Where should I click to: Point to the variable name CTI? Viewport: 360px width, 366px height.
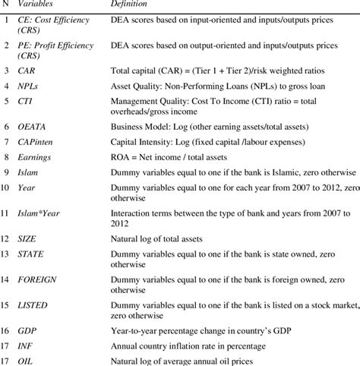coord(27,105)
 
